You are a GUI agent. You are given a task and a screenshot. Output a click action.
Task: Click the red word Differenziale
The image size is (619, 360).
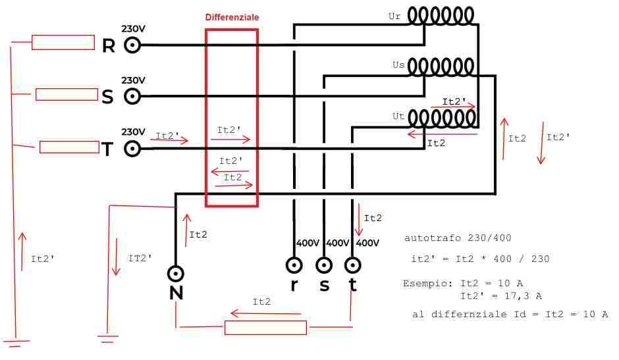click(232, 17)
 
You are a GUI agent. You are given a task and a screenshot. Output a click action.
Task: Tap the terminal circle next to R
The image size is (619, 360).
click(132, 45)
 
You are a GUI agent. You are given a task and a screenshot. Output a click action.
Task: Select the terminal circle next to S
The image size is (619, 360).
click(132, 96)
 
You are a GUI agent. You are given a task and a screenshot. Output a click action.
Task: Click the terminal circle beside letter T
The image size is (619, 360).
click(132, 149)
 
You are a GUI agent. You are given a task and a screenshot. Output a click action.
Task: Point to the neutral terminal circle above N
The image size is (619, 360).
click(176, 273)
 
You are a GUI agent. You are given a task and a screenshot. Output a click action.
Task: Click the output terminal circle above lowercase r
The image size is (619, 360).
click(294, 265)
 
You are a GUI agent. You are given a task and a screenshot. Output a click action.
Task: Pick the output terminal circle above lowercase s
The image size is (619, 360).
click(324, 265)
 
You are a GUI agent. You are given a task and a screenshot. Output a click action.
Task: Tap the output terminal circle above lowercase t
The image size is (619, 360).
click(352, 265)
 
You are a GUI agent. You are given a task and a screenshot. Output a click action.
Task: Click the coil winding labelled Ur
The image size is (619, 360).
click(441, 16)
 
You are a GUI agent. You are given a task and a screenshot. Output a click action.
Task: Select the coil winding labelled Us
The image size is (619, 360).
click(441, 66)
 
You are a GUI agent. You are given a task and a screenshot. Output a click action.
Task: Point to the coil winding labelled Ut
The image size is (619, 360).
click(442, 118)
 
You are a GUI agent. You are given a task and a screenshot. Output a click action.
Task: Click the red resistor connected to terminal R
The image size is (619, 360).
click(63, 42)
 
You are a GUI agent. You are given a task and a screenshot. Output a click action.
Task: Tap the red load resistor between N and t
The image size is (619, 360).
click(265, 328)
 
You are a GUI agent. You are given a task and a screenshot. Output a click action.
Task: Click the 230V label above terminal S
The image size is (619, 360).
click(133, 80)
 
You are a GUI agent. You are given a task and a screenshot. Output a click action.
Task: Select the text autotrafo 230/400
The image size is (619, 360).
click(458, 238)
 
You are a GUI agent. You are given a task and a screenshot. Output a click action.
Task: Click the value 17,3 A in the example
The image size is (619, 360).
click(523, 296)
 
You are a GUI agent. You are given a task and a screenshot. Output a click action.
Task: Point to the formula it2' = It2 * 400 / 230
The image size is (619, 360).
click(481, 259)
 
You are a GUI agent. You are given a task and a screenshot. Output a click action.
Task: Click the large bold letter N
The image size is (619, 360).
click(176, 293)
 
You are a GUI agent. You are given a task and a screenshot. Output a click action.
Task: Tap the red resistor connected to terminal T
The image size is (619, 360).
click(70, 147)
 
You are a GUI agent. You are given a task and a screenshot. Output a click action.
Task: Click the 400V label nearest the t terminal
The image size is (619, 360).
click(367, 243)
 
